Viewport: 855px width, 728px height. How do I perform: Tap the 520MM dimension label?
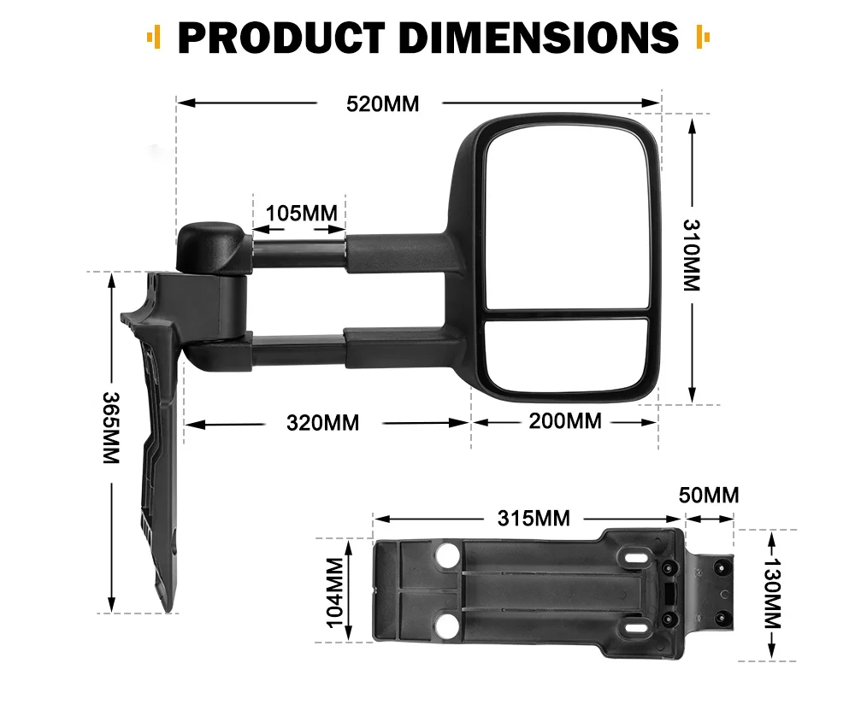[382, 104]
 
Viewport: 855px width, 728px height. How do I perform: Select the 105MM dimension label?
[301, 212]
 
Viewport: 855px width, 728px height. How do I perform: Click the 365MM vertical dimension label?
[110, 428]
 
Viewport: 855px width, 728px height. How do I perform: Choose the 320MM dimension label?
[322, 422]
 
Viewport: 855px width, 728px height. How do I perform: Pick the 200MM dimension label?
[565, 421]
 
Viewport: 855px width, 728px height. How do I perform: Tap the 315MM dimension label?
[534, 518]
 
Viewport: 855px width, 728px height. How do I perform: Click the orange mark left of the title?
[153, 38]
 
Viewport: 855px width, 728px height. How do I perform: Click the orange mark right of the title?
[704, 38]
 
